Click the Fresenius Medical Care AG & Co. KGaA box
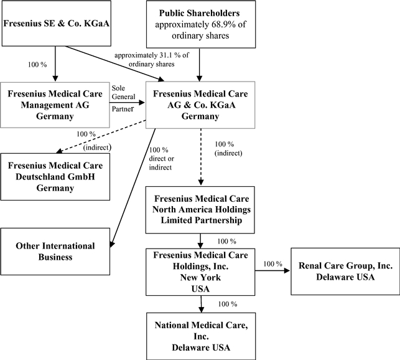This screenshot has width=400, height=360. click(x=200, y=104)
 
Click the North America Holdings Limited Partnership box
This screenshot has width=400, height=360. click(x=200, y=207)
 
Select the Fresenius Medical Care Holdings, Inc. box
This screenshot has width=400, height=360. click(x=200, y=272)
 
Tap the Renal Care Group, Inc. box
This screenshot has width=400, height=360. click(x=345, y=272)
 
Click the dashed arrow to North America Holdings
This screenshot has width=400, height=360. click(x=200, y=156)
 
